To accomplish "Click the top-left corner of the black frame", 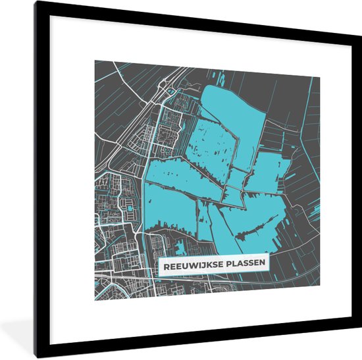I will point(36,2).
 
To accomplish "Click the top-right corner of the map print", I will point(321,78).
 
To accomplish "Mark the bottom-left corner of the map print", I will point(94,301).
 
